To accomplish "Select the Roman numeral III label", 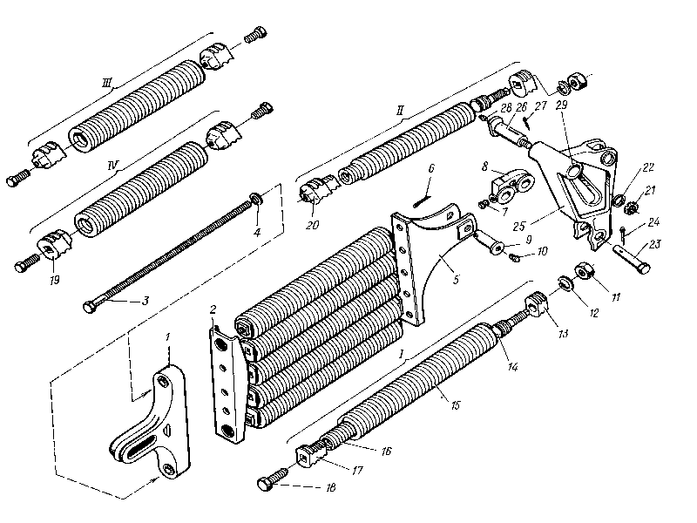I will click(107, 84).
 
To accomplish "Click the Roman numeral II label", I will click(400, 111).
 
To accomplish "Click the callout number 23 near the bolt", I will click(655, 245).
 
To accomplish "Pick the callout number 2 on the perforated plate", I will click(213, 309).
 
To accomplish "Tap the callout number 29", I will click(559, 105).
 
